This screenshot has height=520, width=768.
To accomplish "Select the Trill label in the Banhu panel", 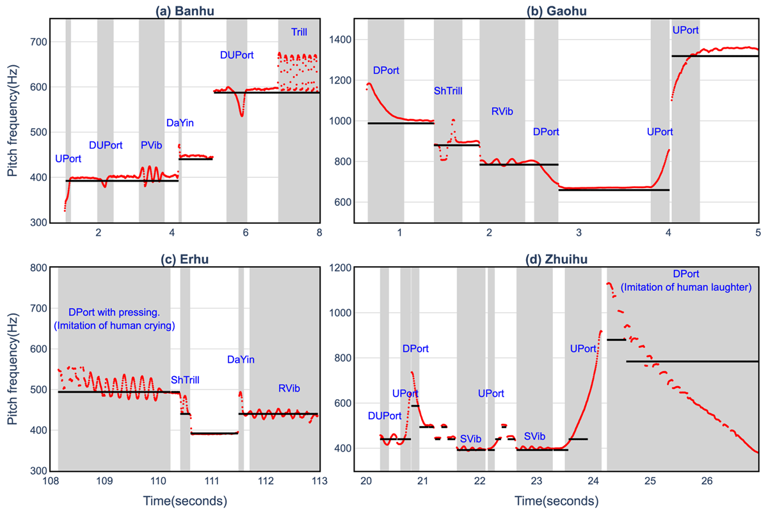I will [x=299, y=31].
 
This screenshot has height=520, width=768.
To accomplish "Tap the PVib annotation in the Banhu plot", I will [x=151, y=146].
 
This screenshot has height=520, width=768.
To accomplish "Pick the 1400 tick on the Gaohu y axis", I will [x=340, y=40].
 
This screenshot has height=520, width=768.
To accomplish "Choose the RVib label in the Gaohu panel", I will [x=502, y=111].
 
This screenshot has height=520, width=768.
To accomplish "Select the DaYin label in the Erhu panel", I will [x=241, y=360].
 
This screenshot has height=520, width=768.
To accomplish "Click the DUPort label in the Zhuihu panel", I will [x=384, y=416].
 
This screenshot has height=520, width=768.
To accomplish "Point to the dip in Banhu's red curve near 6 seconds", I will [x=241, y=114].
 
